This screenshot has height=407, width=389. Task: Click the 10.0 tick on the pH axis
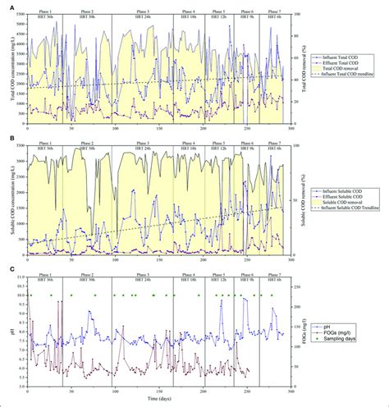20,295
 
